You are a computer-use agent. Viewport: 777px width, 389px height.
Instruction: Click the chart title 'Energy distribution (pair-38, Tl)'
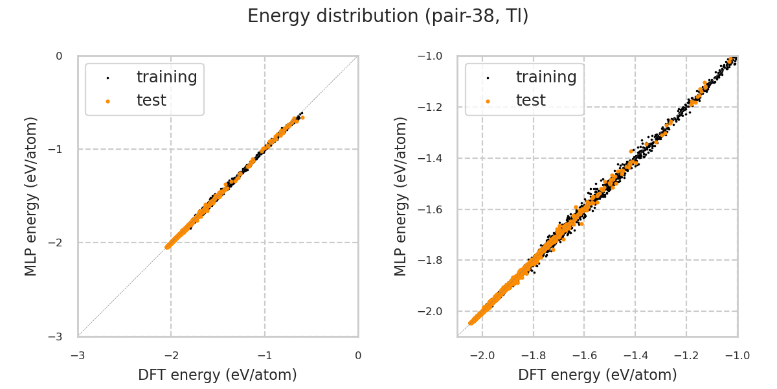tap(388, 16)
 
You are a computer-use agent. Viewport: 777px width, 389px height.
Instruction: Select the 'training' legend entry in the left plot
tap(166, 77)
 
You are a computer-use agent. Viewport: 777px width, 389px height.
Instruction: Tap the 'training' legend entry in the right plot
tap(546, 77)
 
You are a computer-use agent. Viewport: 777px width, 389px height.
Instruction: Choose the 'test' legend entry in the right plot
tap(530, 100)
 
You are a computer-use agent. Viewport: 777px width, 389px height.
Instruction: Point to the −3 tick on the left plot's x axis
tap(78, 356)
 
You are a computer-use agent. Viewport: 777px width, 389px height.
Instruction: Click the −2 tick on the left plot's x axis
tap(171, 356)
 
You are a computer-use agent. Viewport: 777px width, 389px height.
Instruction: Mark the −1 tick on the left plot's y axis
tap(59, 150)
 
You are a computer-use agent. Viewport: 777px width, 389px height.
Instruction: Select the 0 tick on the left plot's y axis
tap(59, 56)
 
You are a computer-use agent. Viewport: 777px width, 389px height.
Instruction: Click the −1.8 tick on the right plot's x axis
tap(533, 356)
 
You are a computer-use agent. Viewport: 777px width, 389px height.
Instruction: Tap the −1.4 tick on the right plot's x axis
tap(635, 356)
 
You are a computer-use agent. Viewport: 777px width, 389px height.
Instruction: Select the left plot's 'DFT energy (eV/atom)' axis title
tap(218, 375)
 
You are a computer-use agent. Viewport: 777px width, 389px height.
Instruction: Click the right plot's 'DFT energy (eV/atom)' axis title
tap(597, 375)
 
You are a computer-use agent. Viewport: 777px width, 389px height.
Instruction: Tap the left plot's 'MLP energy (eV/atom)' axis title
tap(31, 196)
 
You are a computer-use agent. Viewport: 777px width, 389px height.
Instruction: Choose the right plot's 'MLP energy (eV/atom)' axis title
tap(401, 196)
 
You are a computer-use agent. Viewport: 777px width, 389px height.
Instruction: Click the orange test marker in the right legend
tap(488, 101)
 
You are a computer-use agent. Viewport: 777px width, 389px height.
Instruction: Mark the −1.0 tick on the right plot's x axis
tap(737, 356)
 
